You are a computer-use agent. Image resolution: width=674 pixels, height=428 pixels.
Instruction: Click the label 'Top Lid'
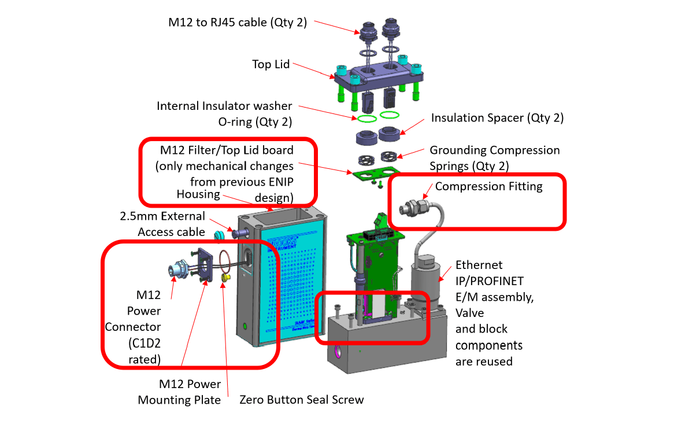coord(271,64)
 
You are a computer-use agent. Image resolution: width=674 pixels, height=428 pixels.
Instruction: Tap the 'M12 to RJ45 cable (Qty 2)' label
coord(238,23)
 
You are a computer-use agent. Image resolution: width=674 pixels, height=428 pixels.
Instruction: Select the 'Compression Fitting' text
coord(488,186)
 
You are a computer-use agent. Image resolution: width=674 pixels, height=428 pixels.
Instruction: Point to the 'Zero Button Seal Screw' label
coord(302,400)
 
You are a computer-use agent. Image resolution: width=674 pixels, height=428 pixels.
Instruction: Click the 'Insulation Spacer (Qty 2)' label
coord(497,118)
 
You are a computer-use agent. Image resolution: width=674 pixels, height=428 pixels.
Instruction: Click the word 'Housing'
coord(198,194)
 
